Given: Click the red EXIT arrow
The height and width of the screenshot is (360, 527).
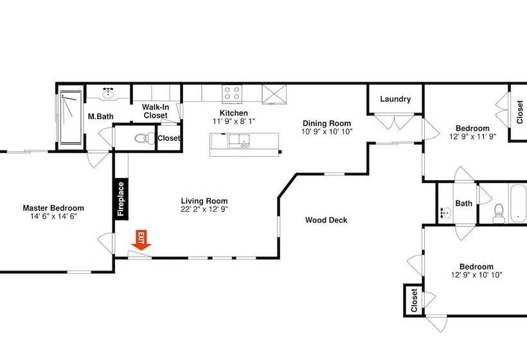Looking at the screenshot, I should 141,239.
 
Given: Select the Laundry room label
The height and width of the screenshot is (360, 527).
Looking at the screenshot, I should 395,99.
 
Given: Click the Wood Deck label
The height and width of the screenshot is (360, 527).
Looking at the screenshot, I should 326,220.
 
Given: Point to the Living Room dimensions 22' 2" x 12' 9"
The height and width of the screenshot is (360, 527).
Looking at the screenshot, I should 204,209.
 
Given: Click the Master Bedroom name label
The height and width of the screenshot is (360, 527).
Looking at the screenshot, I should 53,208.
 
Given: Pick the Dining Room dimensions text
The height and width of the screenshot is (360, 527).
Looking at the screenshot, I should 327,132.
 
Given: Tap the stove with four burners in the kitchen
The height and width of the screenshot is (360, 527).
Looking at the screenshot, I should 232,93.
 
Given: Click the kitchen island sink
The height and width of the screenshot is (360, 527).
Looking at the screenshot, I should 242,141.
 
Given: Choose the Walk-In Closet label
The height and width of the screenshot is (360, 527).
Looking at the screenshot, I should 155,111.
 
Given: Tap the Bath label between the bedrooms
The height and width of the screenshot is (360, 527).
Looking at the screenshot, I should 463,203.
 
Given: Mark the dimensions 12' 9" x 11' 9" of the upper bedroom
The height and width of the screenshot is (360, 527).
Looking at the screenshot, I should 472,136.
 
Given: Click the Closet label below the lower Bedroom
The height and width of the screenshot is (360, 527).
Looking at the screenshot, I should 414,300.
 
